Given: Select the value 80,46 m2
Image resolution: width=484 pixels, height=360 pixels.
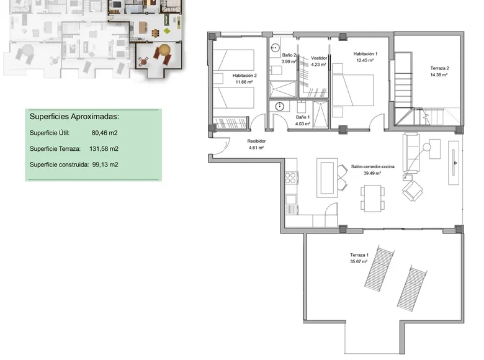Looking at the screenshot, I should click(x=104, y=133).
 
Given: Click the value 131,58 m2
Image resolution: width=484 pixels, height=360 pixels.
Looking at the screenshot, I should click(x=104, y=149).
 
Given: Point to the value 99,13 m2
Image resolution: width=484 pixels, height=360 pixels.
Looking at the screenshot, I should click(x=104, y=165).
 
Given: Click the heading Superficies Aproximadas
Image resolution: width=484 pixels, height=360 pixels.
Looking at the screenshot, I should click(x=74, y=116).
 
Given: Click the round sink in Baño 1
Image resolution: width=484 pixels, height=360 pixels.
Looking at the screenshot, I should click(x=280, y=106).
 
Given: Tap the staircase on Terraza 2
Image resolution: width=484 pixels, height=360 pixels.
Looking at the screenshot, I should click(x=407, y=87).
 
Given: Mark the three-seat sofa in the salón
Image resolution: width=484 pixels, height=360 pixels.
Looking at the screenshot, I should click(x=411, y=153).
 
